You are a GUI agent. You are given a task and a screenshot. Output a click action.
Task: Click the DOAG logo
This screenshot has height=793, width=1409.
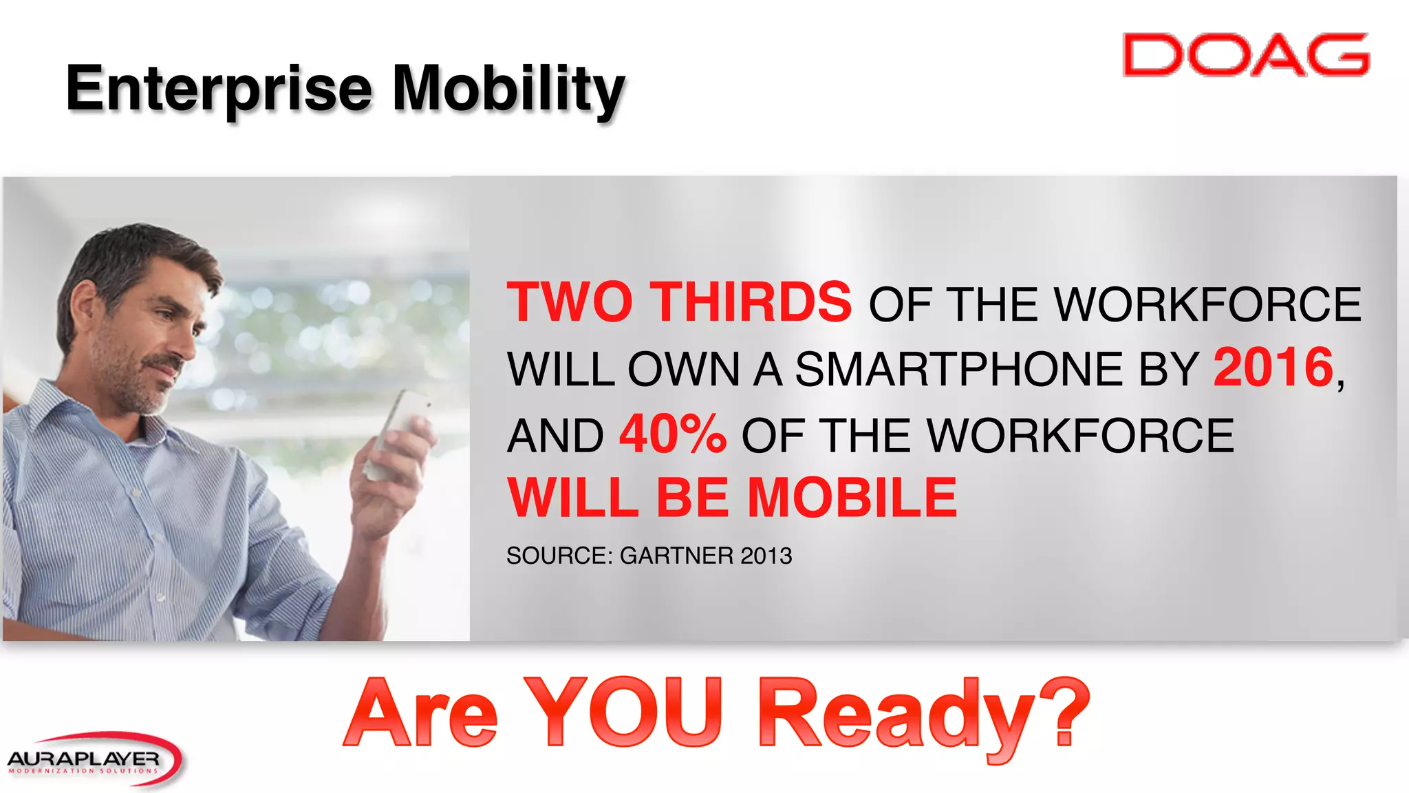[x=1245, y=55]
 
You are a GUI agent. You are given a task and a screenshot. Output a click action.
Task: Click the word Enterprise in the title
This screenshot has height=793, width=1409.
[x=219, y=89]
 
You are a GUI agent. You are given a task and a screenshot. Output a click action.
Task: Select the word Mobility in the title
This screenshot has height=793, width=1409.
[x=508, y=89]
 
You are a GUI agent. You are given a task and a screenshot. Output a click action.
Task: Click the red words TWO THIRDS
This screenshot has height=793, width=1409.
[x=679, y=303]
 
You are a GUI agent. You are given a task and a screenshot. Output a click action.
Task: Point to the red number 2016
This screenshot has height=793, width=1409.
[x=1273, y=368]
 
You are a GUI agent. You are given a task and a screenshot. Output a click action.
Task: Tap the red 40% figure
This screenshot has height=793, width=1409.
[x=672, y=435]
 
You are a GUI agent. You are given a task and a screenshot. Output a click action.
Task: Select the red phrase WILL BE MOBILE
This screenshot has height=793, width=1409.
[x=732, y=498]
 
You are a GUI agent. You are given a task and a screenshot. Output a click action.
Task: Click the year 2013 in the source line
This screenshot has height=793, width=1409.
[x=766, y=556]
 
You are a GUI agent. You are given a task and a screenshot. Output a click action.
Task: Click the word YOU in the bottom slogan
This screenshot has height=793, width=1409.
[x=623, y=713]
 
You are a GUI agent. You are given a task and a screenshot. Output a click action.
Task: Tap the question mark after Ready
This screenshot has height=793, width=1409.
[x=1066, y=712]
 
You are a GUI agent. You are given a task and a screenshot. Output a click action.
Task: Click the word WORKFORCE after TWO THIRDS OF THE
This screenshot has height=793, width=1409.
[x=1207, y=304]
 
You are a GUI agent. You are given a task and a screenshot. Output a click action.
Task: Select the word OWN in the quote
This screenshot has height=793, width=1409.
[x=683, y=370]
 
